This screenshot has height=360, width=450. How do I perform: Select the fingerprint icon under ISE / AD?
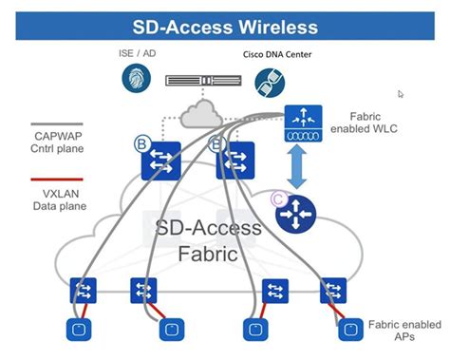point(137,79)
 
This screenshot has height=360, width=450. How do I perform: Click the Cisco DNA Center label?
point(277,54)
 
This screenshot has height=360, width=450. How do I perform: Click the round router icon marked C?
point(294,214)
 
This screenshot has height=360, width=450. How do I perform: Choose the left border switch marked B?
point(160,161)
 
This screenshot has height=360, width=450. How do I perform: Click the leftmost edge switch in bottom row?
point(84,290)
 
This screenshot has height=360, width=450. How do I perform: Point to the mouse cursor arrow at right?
point(402,94)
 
